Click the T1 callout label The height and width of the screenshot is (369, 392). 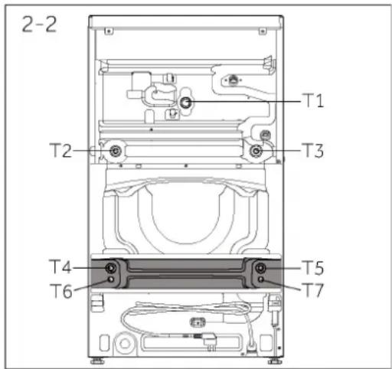[313, 100]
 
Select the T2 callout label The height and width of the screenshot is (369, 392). [60, 150]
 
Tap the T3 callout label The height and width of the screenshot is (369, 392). [313, 150]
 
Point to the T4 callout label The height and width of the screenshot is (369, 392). [60, 266]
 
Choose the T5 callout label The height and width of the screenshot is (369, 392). [313, 268]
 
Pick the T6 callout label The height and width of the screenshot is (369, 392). [61, 291]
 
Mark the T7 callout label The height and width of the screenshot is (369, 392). [313, 290]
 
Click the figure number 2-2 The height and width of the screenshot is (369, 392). [39, 24]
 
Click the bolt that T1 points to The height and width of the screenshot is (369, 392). [185, 103]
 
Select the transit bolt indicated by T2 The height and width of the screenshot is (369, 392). [116, 151]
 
